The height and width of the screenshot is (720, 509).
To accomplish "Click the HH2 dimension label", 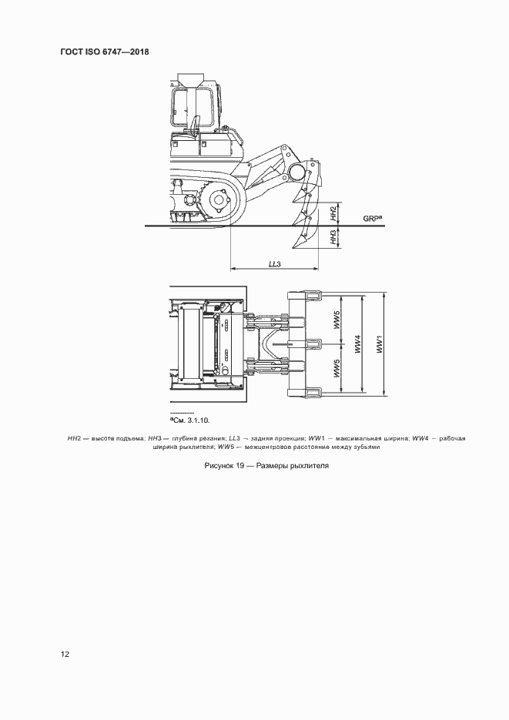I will click(333, 214).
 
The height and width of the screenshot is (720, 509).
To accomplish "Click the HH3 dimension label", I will click(333, 238).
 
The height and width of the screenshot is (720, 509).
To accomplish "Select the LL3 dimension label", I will click(274, 264).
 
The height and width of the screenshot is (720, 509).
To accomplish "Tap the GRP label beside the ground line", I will click(373, 219).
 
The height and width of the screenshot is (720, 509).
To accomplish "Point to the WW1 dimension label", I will click(380, 343).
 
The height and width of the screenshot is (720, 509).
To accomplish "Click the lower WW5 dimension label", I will click(337, 368).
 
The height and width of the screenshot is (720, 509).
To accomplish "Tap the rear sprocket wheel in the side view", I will click(217, 201).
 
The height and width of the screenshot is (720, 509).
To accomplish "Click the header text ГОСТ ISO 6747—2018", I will click(104, 52).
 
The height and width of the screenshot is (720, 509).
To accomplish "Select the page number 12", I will click(65, 655).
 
